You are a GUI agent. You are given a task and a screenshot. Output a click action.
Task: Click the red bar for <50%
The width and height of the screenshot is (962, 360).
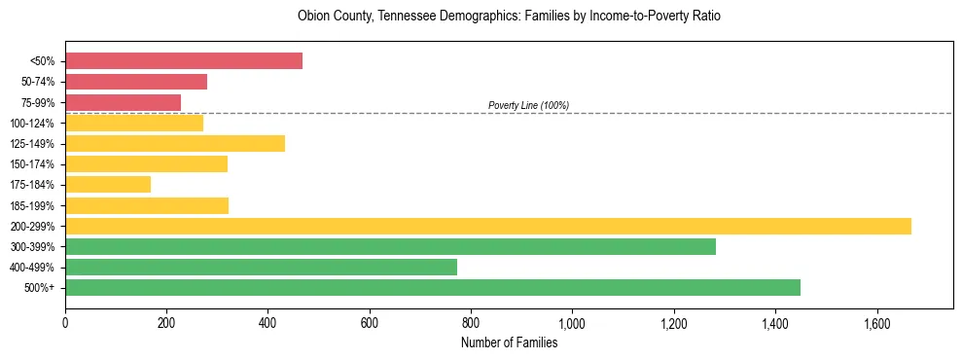184,61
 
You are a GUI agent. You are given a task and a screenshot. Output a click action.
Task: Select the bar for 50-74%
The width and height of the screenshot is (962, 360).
136,82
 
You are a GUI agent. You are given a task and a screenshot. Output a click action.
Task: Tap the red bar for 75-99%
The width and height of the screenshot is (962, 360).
124,102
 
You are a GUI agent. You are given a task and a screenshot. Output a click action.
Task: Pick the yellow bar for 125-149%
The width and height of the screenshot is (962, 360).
175,143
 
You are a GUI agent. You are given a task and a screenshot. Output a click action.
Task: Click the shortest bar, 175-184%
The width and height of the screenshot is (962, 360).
108,185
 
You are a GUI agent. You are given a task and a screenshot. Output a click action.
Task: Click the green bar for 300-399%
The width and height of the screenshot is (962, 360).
390,247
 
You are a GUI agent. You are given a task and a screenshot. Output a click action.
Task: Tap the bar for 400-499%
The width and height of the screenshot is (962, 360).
261,268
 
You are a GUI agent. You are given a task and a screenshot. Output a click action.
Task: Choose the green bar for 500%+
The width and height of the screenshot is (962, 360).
433,288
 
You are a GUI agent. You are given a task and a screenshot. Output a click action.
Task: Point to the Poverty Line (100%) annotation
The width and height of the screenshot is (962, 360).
528,105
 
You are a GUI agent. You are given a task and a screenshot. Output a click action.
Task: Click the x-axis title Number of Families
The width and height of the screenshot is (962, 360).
509,342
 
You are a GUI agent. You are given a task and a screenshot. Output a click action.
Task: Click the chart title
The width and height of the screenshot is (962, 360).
509,17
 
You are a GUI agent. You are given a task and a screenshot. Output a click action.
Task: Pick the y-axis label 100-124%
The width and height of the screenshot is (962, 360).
32,124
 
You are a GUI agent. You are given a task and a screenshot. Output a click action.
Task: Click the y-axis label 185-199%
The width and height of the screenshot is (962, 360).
32,206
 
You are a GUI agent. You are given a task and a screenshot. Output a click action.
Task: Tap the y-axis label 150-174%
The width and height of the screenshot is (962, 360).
32,164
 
